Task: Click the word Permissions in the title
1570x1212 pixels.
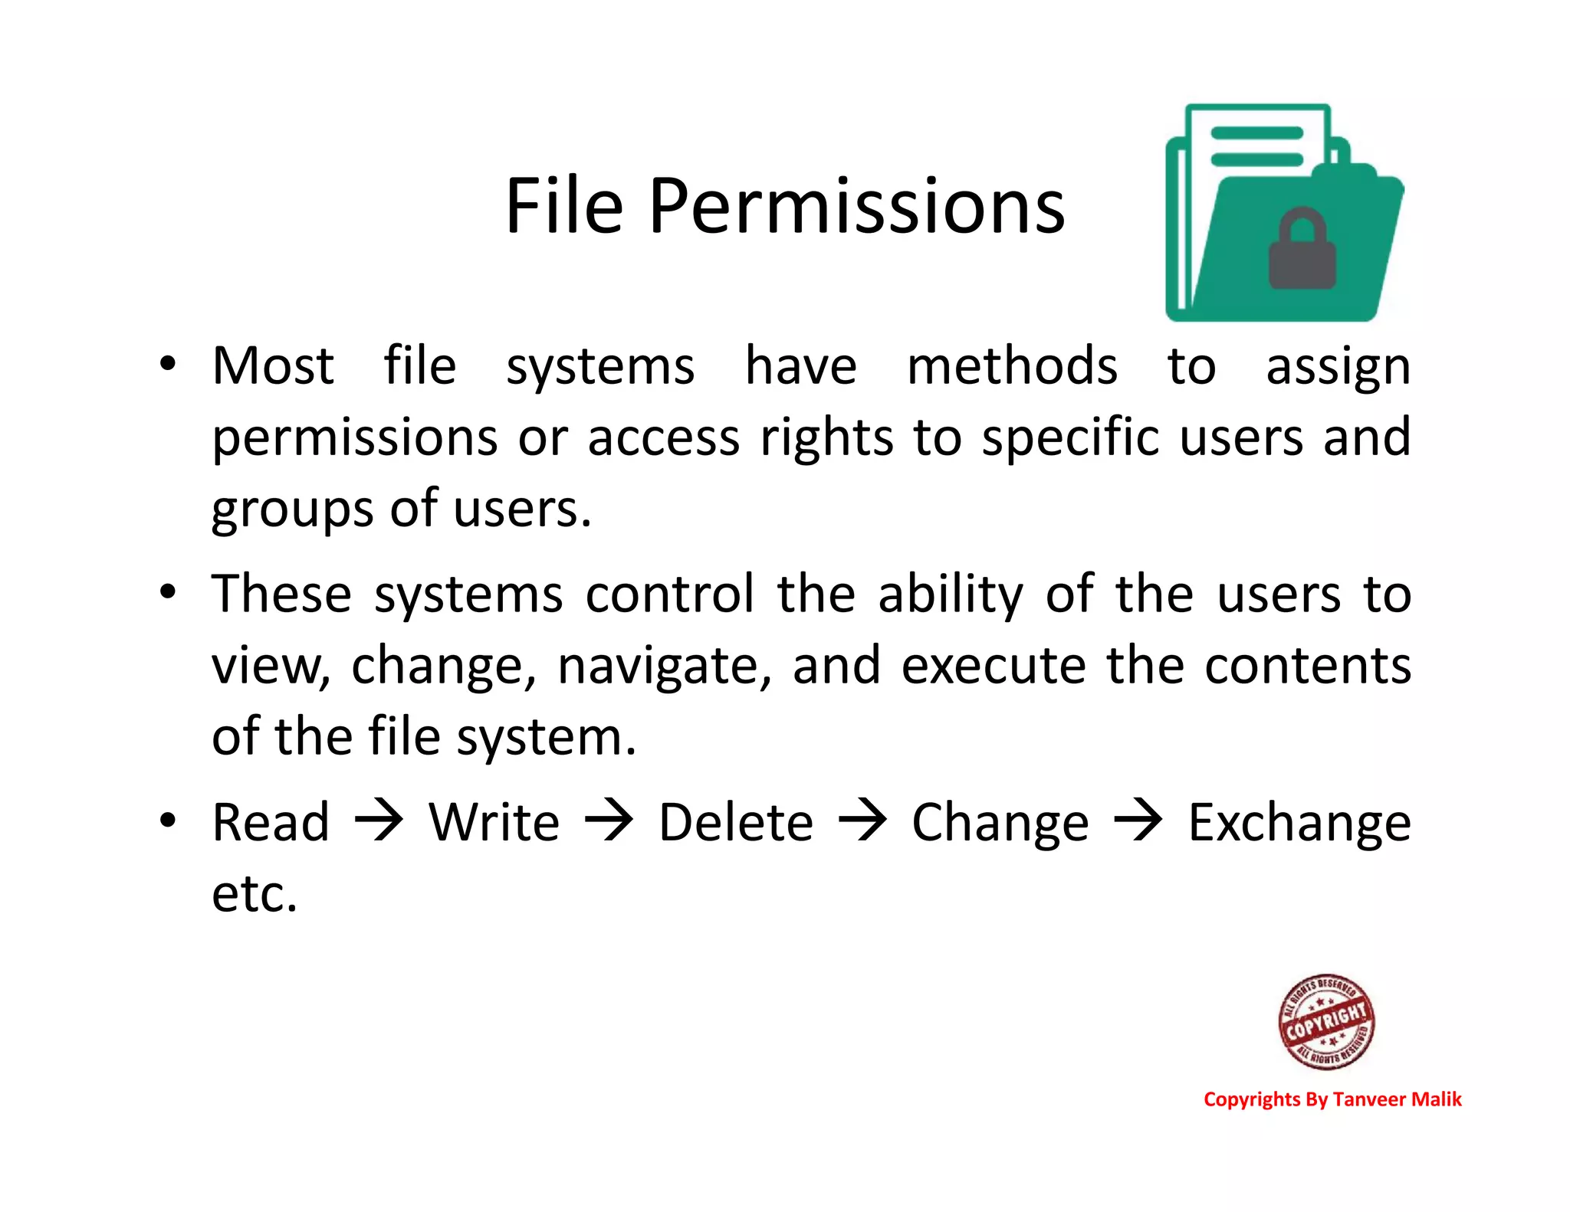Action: click(x=857, y=207)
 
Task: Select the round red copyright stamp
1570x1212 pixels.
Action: click(x=1326, y=1021)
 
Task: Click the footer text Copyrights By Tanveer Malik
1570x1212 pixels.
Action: click(x=1332, y=1099)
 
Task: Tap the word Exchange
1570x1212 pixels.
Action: click(x=1299, y=824)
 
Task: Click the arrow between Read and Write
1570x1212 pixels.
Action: click(x=379, y=821)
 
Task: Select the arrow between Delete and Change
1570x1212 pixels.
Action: click(x=862, y=821)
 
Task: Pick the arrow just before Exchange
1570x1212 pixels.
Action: click(x=1138, y=821)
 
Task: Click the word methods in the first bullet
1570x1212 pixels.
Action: click(x=1012, y=365)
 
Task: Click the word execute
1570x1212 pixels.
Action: click(x=994, y=665)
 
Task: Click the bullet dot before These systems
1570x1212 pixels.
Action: click(x=168, y=591)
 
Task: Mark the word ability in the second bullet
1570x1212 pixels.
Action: click(x=951, y=595)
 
